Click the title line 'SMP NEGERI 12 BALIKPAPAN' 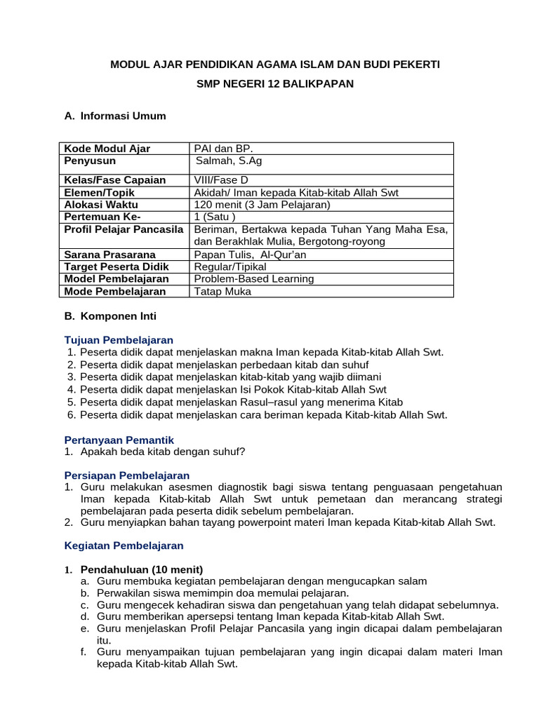click(x=275, y=83)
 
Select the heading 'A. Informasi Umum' click(x=115, y=116)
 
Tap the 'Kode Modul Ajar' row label click(x=107, y=149)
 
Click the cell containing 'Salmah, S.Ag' click(x=229, y=161)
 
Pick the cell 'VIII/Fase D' click(x=221, y=180)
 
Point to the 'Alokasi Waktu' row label click(x=99, y=205)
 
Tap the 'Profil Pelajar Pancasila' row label click(x=124, y=229)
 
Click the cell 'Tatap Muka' click(x=222, y=291)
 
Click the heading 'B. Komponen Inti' click(x=110, y=316)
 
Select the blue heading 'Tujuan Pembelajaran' click(x=119, y=340)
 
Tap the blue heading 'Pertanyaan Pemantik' click(x=119, y=440)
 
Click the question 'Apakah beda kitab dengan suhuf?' click(x=163, y=452)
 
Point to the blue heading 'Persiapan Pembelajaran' click(x=127, y=475)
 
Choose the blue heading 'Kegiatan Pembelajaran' click(x=124, y=545)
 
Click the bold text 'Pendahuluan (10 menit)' click(x=142, y=569)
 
